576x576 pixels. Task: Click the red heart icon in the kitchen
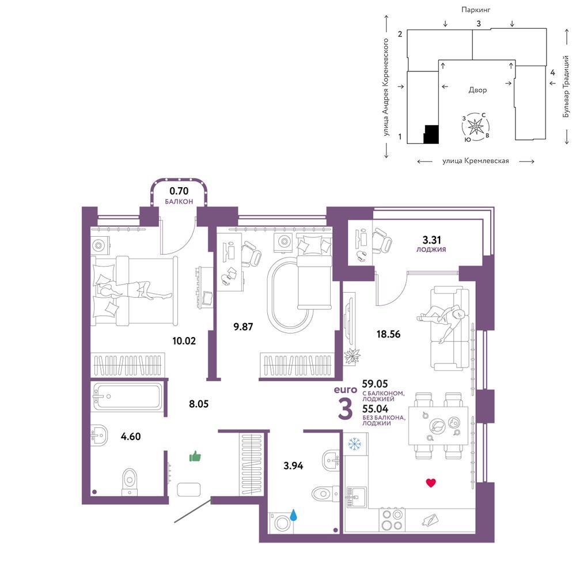431,483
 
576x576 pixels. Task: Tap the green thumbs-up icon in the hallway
195,456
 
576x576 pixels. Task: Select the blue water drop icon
293,514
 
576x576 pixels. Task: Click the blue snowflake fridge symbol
354,444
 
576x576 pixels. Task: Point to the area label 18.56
388,334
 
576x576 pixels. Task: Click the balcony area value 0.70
179,191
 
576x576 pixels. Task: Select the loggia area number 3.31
431,240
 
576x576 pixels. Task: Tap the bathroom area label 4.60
131,437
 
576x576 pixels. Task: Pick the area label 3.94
293,466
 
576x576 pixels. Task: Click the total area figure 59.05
375,384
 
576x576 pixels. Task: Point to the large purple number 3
345,409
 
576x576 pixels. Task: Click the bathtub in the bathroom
127,396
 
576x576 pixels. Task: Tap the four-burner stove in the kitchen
392,520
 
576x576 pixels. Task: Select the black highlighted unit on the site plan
431,134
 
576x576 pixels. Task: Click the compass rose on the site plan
476,127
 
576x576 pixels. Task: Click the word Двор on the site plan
478,90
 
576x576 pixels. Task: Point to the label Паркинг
476,10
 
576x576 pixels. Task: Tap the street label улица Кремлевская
476,161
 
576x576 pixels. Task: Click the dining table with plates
438,426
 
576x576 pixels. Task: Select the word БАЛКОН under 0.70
179,202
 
